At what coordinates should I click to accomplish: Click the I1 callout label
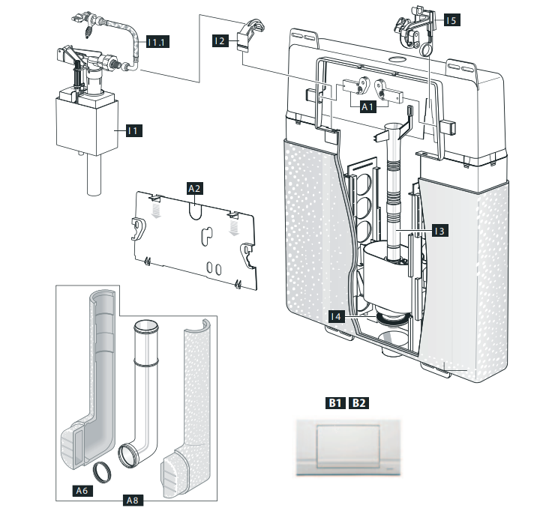133,130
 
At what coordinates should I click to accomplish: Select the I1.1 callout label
157,42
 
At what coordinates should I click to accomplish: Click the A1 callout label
367,108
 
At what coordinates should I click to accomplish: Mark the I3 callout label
440,232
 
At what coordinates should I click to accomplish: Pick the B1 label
334,403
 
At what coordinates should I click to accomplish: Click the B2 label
359,403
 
